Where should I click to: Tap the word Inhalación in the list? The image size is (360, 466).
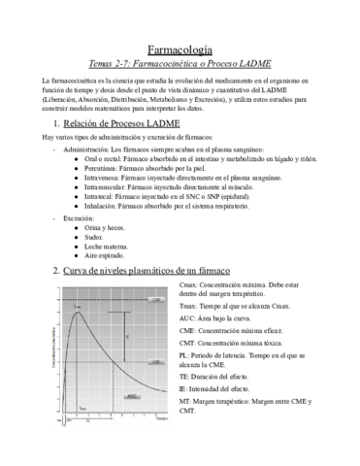click(106, 221)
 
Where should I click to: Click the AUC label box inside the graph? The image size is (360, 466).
click(133, 396)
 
